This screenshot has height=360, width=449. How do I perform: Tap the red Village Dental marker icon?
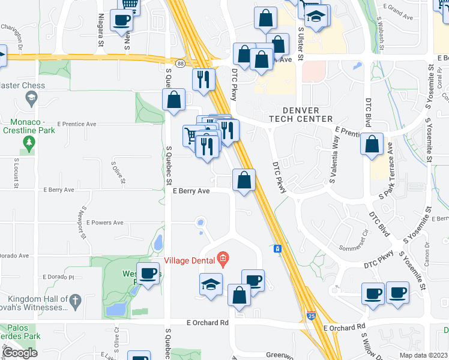pyautogui.click(x=223, y=260)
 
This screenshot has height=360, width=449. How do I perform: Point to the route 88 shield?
pyautogui.click(x=180, y=63)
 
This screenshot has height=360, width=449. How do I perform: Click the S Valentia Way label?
pyautogui.click(x=334, y=161)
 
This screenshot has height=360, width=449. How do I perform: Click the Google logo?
pyautogui.click(x=20, y=352)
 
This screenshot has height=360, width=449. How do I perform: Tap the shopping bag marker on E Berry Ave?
pyautogui.click(x=244, y=181)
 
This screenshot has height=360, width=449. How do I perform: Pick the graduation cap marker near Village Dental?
pyautogui.click(x=211, y=284)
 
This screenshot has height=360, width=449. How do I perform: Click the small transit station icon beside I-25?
pyautogui.click(x=277, y=248)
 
